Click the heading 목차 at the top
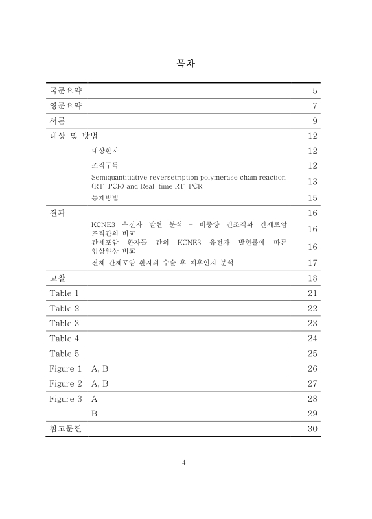(186, 64)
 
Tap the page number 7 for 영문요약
(314, 106)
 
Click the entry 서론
(58, 121)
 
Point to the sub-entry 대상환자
(105, 151)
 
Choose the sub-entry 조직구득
(105, 165)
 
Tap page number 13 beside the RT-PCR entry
(312, 182)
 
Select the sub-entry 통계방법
(105, 197)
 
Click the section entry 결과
(58, 213)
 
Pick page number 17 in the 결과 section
(312, 263)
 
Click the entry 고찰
(58, 278)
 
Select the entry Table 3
(64, 323)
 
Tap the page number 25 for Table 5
(312, 354)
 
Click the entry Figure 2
(66, 383)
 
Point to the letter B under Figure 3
(94, 413)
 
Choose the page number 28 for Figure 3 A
(312, 398)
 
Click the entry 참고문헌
(66, 429)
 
